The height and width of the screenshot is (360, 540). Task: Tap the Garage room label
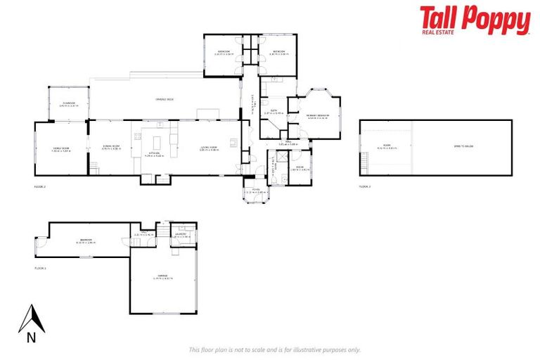click(x=162, y=277)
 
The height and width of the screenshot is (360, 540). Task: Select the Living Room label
click(x=210, y=148)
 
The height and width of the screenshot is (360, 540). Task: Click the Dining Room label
click(x=111, y=148)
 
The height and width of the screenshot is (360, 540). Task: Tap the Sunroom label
click(x=68, y=104)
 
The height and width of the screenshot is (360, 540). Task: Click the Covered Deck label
click(x=165, y=100)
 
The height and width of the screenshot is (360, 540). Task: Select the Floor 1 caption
click(x=40, y=268)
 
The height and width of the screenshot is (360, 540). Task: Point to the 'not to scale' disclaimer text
click(x=274, y=349)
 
